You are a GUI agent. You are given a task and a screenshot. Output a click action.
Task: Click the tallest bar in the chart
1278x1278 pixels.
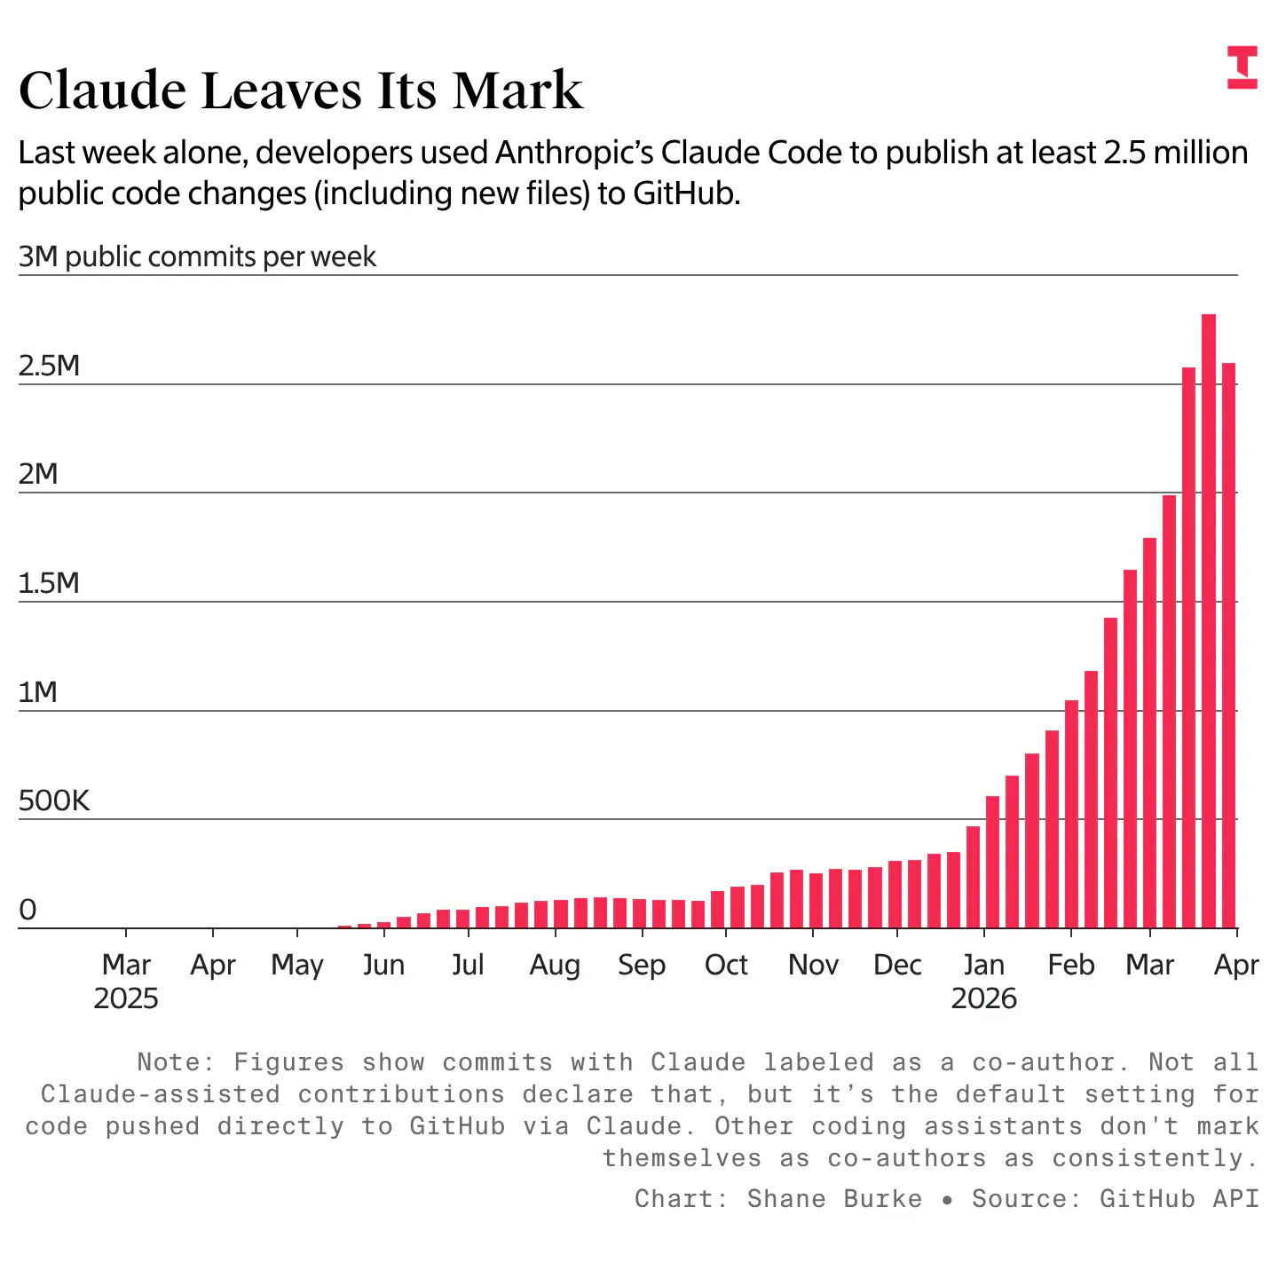(x=1208, y=621)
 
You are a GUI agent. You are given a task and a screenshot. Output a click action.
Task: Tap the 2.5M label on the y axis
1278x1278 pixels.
(x=50, y=366)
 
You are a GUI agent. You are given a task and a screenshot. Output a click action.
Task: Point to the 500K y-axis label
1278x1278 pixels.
(x=54, y=801)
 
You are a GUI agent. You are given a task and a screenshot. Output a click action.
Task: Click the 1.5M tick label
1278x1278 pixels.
(x=50, y=583)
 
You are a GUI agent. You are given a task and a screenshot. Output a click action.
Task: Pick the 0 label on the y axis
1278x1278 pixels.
(x=28, y=911)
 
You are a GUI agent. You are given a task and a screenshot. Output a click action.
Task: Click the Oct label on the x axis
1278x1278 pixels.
(x=726, y=965)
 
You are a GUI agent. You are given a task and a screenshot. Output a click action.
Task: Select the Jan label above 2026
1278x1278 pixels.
(x=983, y=965)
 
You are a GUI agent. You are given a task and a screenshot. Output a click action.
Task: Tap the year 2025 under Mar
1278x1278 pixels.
(x=126, y=999)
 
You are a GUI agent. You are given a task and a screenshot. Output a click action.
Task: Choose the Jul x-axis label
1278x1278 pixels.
(x=468, y=965)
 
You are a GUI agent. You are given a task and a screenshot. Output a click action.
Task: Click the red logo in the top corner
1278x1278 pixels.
(x=1242, y=67)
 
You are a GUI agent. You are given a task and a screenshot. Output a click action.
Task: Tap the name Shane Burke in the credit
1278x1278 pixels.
(x=834, y=1199)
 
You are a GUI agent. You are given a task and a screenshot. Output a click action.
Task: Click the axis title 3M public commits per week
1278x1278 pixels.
(x=197, y=257)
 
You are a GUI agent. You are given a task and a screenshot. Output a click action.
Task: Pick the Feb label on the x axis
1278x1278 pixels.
(x=1071, y=965)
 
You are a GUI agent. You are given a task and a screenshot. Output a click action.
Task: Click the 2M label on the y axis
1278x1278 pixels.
(x=38, y=475)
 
